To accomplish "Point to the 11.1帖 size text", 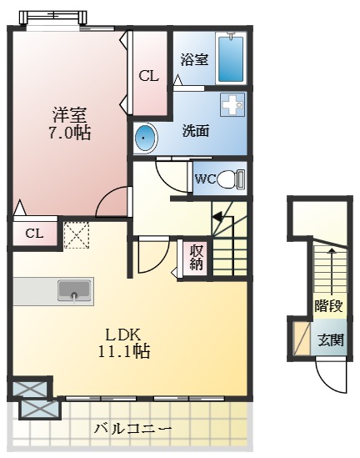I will point(122,351).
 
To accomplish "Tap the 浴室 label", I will point(194,60).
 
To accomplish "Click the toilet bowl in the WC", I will point(234,179).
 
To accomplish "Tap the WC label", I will point(205,179).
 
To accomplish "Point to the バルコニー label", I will point(132,429).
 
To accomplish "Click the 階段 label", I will point(329,305).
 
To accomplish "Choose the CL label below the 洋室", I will point(34,233).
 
